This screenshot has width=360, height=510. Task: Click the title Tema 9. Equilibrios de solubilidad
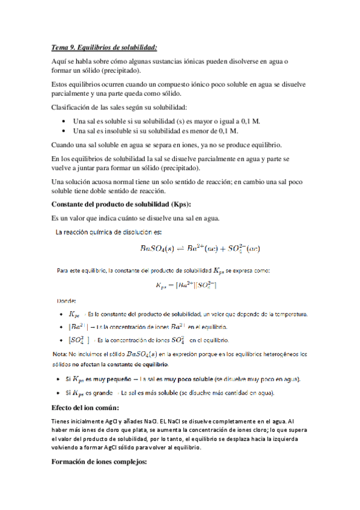tap(105, 47)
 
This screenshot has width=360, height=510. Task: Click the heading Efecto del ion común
tap(90, 408)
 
